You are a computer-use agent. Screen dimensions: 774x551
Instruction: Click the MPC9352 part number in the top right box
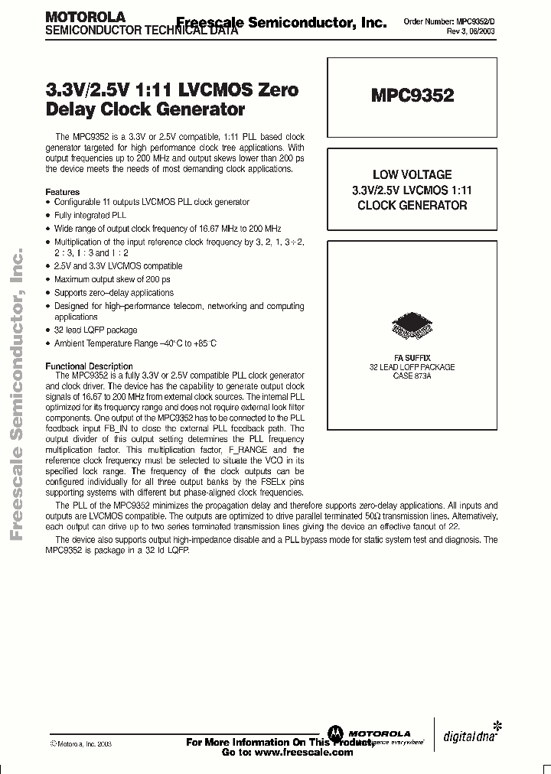412,96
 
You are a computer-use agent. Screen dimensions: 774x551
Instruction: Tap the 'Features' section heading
63,191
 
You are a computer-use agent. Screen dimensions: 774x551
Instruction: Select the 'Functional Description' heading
90,366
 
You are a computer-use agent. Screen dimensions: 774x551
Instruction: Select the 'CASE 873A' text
412,376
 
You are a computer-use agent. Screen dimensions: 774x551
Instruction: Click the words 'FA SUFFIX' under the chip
412,358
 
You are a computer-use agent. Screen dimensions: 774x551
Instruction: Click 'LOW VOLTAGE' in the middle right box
412,174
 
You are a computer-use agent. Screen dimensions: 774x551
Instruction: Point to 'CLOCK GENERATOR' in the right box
412,205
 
